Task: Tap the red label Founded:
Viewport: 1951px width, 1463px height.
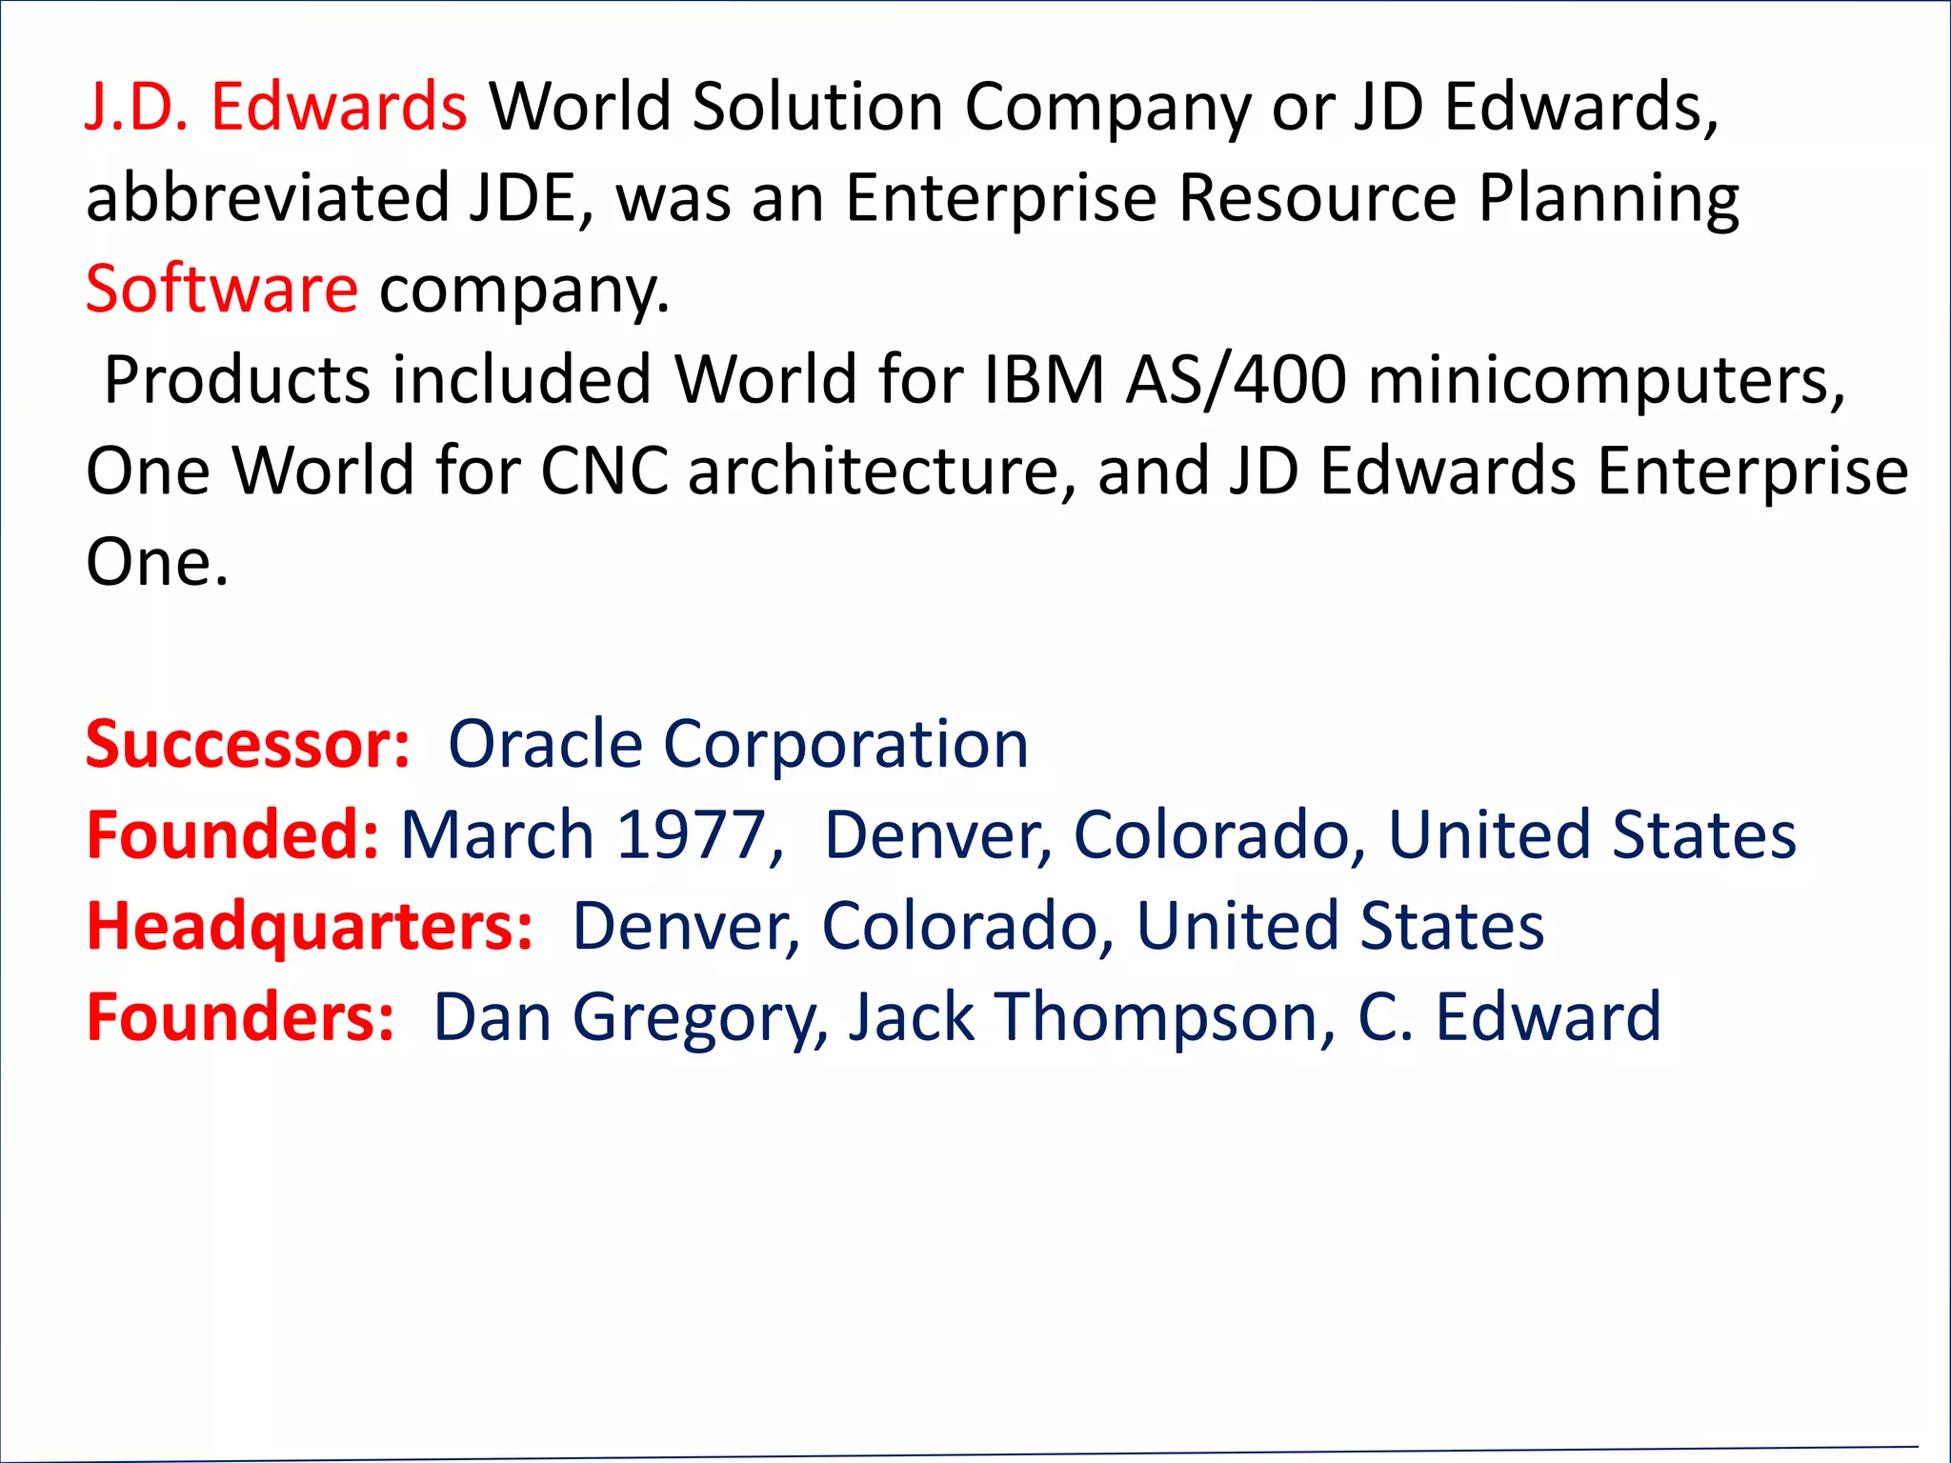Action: pyautogui.click(x=232, y=835)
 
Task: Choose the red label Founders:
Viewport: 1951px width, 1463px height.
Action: pyautogui.click(x=240, y=1017)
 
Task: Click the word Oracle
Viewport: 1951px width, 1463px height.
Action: pyautogui.click(x=545, y=744)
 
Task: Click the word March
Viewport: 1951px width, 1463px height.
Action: pyautogui.click(x=497, y=835)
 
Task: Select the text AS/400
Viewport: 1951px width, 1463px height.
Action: pyautogui.click(x=1236, y=380)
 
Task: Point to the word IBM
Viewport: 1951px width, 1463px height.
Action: pyautogui.click(x=1043, y=380)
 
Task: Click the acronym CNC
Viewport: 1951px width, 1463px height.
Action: pyautogui.click(x=604, y=471)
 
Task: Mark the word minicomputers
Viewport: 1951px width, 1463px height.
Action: pyautogui.click(x=1606, y=380)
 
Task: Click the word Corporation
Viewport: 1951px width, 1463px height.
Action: pyautogui.click(x=846, y=744)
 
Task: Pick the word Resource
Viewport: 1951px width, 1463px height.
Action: pyautogui.click(x=1317, y=198)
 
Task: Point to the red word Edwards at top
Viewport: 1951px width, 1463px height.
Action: pyautogui.click(x=338, y=107)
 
